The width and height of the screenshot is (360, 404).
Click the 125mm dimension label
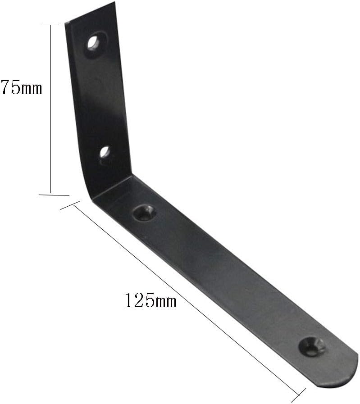coord(150,300)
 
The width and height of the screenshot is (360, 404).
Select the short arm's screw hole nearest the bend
coord(105,152)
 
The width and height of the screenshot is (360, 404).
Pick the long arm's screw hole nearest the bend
coord(145,212)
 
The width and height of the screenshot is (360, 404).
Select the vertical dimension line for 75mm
coord(51,108)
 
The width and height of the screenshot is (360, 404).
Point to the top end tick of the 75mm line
coord(51,25)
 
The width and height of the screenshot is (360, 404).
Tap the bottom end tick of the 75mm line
coord(53,195)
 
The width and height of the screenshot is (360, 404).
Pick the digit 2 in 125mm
coord(139,300)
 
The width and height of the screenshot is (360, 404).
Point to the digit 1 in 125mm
coord(129,300)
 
